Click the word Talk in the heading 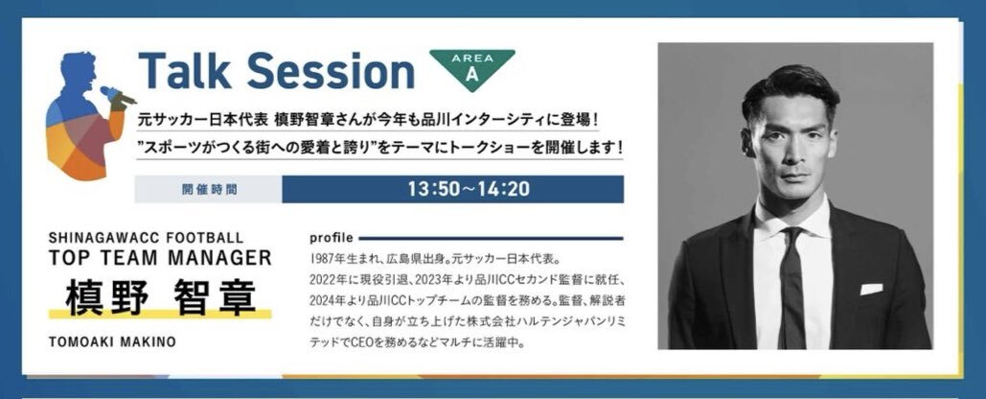point(185,70)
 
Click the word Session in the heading point(330,70)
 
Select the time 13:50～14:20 point(469,189)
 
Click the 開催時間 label point(210,190)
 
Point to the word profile point(332,239)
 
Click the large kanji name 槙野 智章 point(161,296)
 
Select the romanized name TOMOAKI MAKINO point(112,341)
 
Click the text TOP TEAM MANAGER point(160,257)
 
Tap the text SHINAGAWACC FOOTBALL point(146,238)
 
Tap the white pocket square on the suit point(871,289)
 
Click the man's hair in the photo point(791,92)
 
